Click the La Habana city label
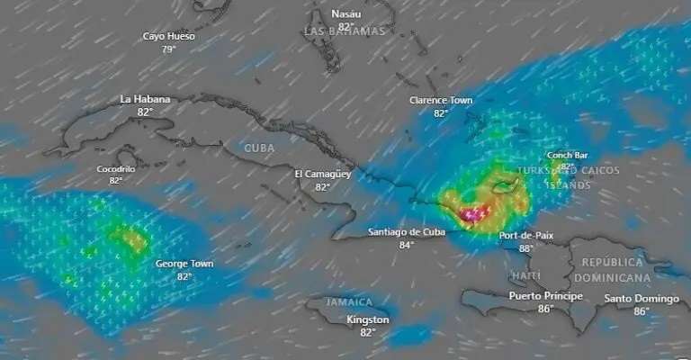coord(145,99)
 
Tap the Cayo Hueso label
coord(168,37)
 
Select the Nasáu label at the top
coord(345,14)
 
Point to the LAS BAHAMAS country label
coord(345,31)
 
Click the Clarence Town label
coord(441,101)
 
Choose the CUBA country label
coord(260,148)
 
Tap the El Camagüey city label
coord(322,174)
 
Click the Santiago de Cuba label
coord(407,232)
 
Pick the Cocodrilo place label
coord(116,168)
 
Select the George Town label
coord(184,265)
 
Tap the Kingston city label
coord(368,320)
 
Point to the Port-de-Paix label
coord(526,236)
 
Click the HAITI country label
coord(525,275)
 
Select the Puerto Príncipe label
coord(545,296)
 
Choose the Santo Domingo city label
coord(641,299)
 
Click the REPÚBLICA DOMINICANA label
coord(624,270)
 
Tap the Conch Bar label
coord(566,155)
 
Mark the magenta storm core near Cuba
coord(474,214)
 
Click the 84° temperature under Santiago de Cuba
coord(407,245)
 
